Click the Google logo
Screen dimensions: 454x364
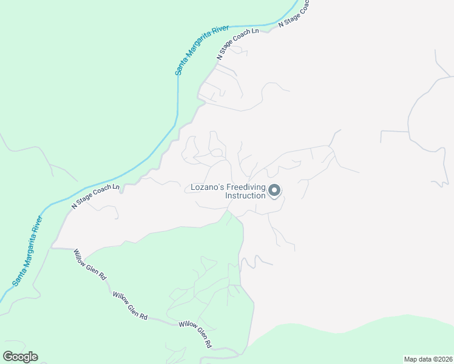pos(20,357)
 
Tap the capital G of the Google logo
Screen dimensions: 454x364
pos(8,357)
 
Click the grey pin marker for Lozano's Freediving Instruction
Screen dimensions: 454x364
pos(274,191)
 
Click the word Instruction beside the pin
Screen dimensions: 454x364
pos(245,196)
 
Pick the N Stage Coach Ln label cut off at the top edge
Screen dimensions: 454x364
pos(295,13)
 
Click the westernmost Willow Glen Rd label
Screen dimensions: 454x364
pos(90,264)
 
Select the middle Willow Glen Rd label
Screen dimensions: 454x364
pos(130,305)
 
